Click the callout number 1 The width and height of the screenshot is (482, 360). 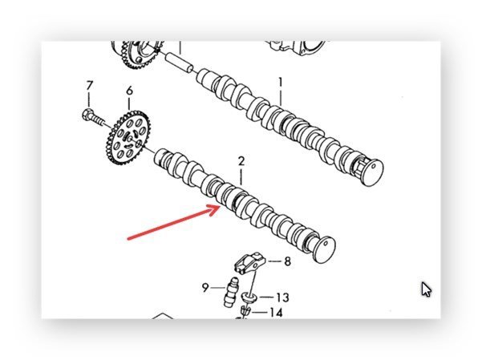(280, 83)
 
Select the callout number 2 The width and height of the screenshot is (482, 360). (241, 162)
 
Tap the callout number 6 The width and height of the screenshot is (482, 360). (130, 91)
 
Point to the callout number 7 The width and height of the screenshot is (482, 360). (89, 86)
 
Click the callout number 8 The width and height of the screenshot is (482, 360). (287, 261)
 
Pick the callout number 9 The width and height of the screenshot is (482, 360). (205, 288)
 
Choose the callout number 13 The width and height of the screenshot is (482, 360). (282, 297)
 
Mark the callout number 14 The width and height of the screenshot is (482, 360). (276, 313)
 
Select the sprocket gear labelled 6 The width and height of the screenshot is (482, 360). (128, 137)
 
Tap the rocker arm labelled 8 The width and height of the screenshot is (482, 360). (249, 262)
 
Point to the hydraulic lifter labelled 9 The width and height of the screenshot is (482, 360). (232, 292)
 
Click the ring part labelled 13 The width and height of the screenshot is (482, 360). (249, 297)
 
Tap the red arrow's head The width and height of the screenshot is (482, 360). (215, 209)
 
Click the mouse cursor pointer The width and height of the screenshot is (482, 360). (426, 289)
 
